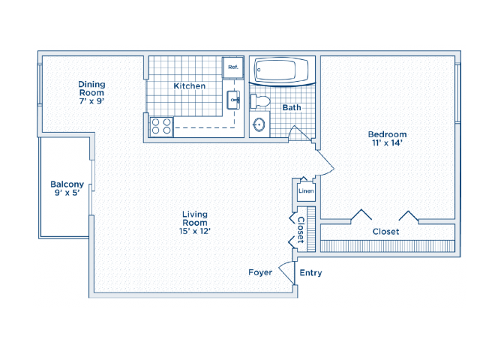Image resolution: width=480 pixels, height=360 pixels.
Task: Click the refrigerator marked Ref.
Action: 233,67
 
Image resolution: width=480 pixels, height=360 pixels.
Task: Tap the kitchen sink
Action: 233,100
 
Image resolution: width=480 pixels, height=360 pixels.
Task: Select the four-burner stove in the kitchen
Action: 161,127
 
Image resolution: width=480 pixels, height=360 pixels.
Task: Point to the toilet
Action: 260,101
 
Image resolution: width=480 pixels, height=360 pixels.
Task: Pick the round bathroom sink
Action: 259,124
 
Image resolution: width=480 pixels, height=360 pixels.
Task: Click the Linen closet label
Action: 306,191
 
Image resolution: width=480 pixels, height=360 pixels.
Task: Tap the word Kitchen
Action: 190,86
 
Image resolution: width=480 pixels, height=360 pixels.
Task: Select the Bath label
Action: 292,107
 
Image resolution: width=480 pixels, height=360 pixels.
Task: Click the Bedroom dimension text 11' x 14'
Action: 387,142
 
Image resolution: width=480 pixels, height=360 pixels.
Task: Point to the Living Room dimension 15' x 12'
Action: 195,231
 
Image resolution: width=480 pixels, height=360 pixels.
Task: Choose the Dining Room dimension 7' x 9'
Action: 91,101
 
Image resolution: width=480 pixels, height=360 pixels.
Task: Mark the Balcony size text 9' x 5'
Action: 67,193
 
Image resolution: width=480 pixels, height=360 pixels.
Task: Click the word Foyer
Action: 260,272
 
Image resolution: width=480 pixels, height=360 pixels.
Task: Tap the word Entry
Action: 310,273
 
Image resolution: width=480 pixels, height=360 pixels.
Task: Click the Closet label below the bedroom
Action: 385,232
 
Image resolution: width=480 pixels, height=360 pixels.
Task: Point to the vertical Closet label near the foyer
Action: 301,230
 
